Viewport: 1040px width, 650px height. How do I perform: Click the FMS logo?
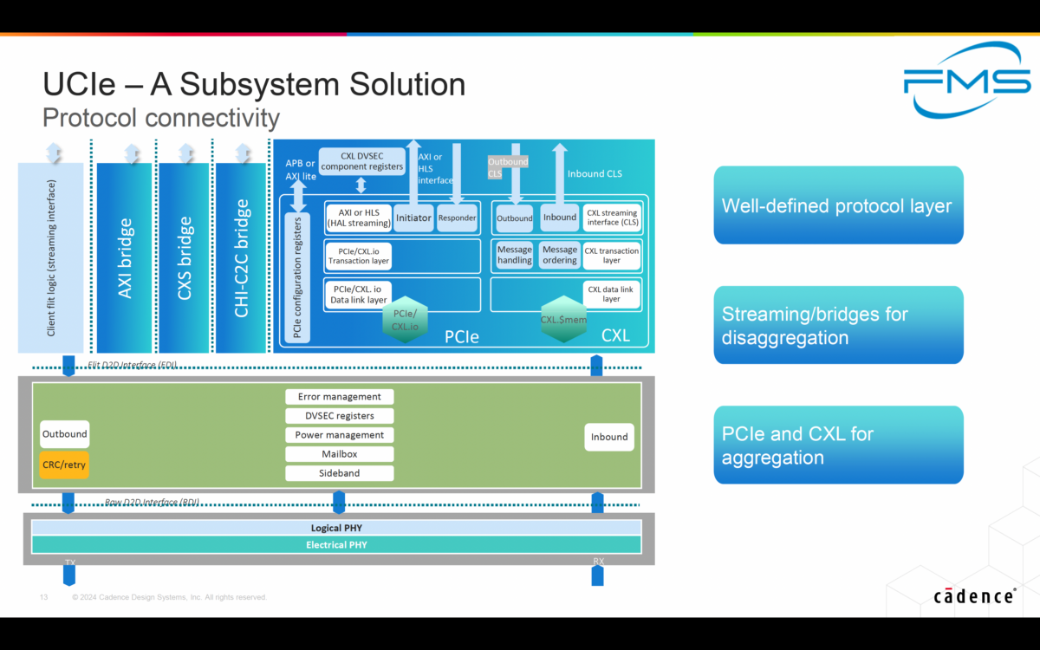(x=966, y=80)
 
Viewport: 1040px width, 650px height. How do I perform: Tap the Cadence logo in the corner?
(x=975, y=596)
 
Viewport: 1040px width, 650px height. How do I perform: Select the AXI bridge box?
(x=125, y=258)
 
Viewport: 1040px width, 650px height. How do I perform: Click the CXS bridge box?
(x=184, y=258)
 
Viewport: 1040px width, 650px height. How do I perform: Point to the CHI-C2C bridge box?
(x=242, y=258)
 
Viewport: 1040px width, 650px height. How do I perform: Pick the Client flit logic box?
(x=51, y=258)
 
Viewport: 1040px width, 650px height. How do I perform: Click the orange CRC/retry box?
(x=64, y=464)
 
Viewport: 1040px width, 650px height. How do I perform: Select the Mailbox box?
(x=339, y=454)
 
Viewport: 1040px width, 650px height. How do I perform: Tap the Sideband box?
(x=339, y=473)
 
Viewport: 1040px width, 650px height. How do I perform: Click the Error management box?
(x=339, y=396)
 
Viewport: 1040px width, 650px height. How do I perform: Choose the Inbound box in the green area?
(x=609, y=437)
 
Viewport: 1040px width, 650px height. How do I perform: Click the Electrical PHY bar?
(x=336, y=544)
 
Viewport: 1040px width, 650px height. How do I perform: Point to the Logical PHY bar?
(x=336, y=528)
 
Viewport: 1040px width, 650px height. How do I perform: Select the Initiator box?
(x=413, y=218)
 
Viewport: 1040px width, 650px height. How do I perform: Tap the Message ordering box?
(x=559, y=255)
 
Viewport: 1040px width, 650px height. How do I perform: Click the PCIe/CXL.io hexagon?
(x=406, y=320)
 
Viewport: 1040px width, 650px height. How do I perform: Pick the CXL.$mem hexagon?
(x=563, y=319)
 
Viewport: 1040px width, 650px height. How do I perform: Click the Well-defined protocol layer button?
(x=837, y=205)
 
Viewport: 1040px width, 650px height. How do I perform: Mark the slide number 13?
(x=43, y=597)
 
